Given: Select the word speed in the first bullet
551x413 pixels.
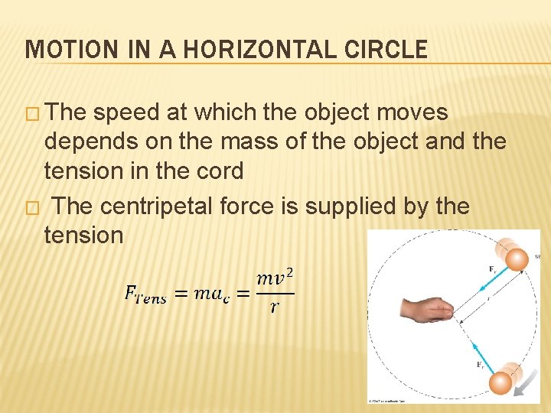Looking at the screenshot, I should [x=130, y=113].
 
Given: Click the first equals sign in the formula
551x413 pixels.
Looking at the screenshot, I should [x=181, y=294].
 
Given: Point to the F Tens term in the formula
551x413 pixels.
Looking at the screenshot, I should [x=145, y=295].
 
